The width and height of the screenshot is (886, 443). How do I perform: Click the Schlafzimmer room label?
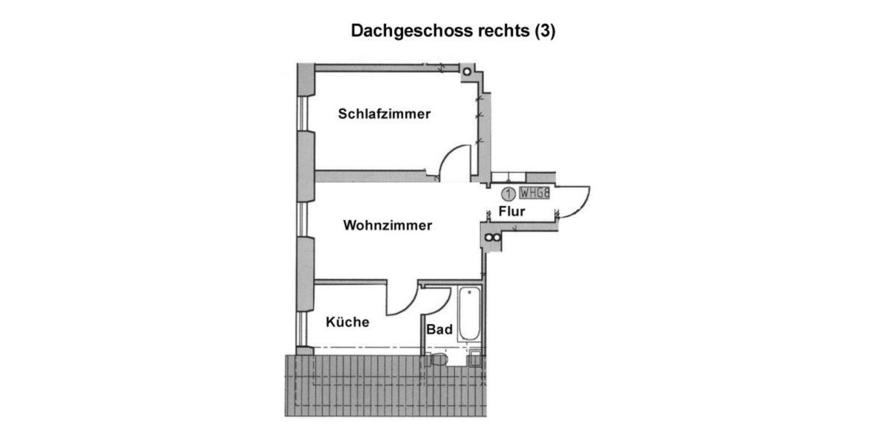pyautogui.click(x=384, y=114)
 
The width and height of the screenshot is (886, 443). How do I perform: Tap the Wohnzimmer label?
pyautogui.click(x=388, y=225)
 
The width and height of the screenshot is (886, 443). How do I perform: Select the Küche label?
pyautogui.click(x=347, y=322)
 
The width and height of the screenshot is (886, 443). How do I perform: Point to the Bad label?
pyautogui.click(x=439, y=330)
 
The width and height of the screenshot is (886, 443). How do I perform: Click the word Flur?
pyautogui.click(x=512, y=212)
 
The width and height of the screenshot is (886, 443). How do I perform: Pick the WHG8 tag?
pyautogui.click(x=535, y=193)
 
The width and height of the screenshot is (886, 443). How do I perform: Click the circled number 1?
pyautogui.click(x=508, y=194)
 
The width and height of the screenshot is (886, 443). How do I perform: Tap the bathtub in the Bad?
pyautogui.click(x=469, y=314)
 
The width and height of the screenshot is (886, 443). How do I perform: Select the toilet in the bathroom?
pyautogui.click(x=437, y=360)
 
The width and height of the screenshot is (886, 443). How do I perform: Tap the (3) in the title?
pyautogui.click(x=545, y=31)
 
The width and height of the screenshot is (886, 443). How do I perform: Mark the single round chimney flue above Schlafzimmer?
pyautogui.click(x=467, y=71)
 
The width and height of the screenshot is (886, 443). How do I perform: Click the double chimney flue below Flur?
pyautogui.click(x=490, y=238)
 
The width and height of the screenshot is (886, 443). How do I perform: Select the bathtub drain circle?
pyautogui.click(x=469, y=292)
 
